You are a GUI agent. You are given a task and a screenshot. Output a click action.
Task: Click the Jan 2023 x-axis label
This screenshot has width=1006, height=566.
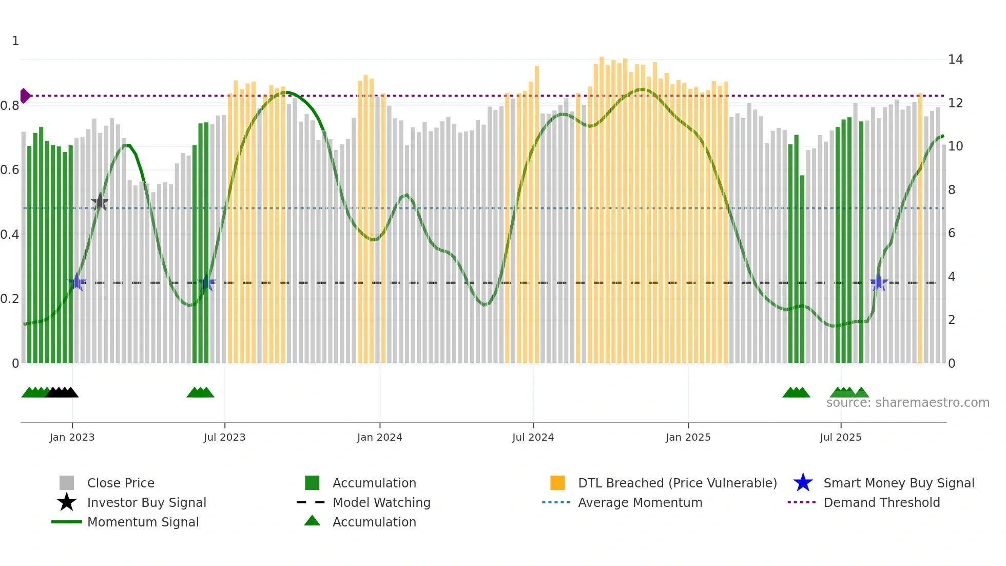click(x=72, y=437)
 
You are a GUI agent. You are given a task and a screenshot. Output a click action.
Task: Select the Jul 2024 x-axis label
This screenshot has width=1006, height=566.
click(x=533, y=437)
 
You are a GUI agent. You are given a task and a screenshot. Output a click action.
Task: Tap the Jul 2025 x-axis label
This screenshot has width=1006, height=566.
click(x=840, y=437)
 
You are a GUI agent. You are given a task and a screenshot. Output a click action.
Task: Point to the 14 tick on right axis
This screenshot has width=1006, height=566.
click(x=955, y=60)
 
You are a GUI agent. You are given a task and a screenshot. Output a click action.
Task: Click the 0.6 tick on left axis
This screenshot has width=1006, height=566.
click(x=10, y=170)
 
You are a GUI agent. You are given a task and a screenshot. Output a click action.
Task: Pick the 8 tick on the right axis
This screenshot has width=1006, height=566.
click(x=952, y=190)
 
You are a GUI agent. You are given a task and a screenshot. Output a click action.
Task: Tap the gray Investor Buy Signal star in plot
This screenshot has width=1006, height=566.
click(x=100, y=202)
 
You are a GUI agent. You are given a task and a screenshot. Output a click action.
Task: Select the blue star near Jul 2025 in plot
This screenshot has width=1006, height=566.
click(x=879, y=282)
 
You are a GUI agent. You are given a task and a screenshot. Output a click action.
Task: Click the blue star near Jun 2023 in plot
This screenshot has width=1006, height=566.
click(x=206, y=282)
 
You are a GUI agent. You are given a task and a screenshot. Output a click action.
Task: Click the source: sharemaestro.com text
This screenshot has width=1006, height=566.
click(x=907, y=403)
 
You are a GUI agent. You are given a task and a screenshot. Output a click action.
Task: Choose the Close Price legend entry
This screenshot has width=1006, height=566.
click(x=120, y=483)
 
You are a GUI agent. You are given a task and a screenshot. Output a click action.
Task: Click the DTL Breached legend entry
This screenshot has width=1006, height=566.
click(x=677, y=483)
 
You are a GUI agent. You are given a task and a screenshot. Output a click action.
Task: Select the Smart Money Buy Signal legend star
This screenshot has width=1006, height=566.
click(x=803, y=483)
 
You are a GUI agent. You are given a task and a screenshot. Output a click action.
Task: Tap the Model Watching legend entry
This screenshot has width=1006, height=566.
click(x=381, y=502)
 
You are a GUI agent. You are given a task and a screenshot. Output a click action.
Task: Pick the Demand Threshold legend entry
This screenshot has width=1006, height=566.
click(x=881, y=502)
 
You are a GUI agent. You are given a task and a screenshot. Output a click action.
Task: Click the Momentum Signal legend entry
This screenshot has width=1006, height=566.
click(x=143, y=522)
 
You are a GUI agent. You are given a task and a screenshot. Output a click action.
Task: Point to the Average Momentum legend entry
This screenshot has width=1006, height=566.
click(x=640, y=502)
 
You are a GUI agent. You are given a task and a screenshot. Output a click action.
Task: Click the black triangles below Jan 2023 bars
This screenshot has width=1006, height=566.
click(x=62, y=392)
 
